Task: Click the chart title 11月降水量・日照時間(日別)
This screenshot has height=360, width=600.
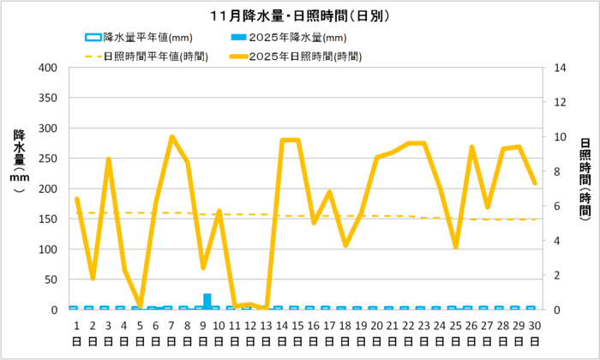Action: point(299,15)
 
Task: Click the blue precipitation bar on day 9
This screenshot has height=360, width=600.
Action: point(207,301)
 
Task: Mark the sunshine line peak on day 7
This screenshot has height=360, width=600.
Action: point(171,137)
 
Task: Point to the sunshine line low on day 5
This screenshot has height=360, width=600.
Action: point(140,305)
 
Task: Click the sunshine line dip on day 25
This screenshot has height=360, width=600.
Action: point(456,247)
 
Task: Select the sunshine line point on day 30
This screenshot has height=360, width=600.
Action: point(535,183)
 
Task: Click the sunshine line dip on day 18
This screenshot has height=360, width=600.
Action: point(345,245)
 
